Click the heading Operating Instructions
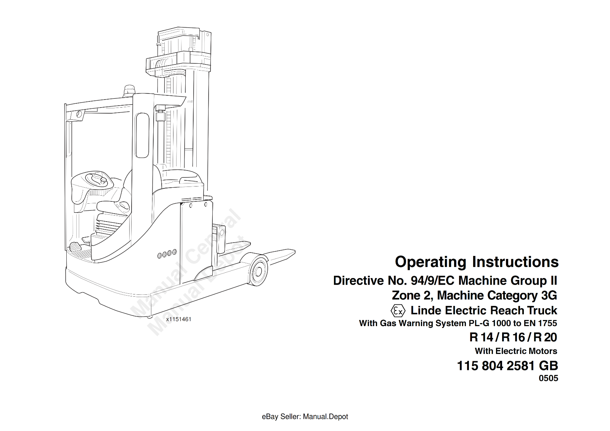click(x=477, y=262)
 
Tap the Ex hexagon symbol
click(x=398, y=311)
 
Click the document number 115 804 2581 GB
click(x=507, y=366)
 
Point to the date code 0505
click(x=549, y=378)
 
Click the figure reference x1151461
click(x=179, y=319)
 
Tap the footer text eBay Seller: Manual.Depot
click(x=305, y=417)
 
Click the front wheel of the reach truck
click(x=258, y=271)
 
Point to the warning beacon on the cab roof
click(x=128, y=91)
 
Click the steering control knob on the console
click(x=103, y=180)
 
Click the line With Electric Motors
click(x=516, y=351)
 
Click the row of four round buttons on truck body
click(x=167, y=254)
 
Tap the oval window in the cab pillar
click(x=142, y=135)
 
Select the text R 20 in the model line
click(x=545, y=337)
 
